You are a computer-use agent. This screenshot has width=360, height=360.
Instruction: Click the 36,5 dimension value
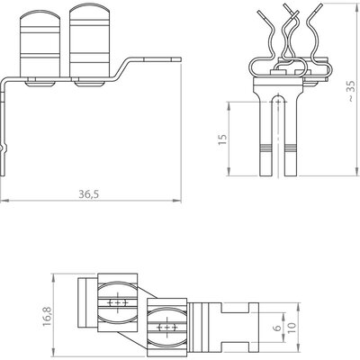[88, 194]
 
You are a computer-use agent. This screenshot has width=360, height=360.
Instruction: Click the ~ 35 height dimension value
[352, 91]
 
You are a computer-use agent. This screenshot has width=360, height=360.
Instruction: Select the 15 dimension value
[222, 139]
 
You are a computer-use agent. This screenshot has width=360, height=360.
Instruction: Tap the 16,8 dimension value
[47, 316]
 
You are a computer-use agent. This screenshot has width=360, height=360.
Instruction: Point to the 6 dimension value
[278, 327]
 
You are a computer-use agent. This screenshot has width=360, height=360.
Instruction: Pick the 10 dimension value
[292, 328]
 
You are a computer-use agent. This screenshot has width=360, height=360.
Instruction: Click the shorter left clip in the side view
[40, 44]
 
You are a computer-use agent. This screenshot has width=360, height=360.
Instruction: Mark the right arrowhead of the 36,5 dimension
[178, 201]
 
